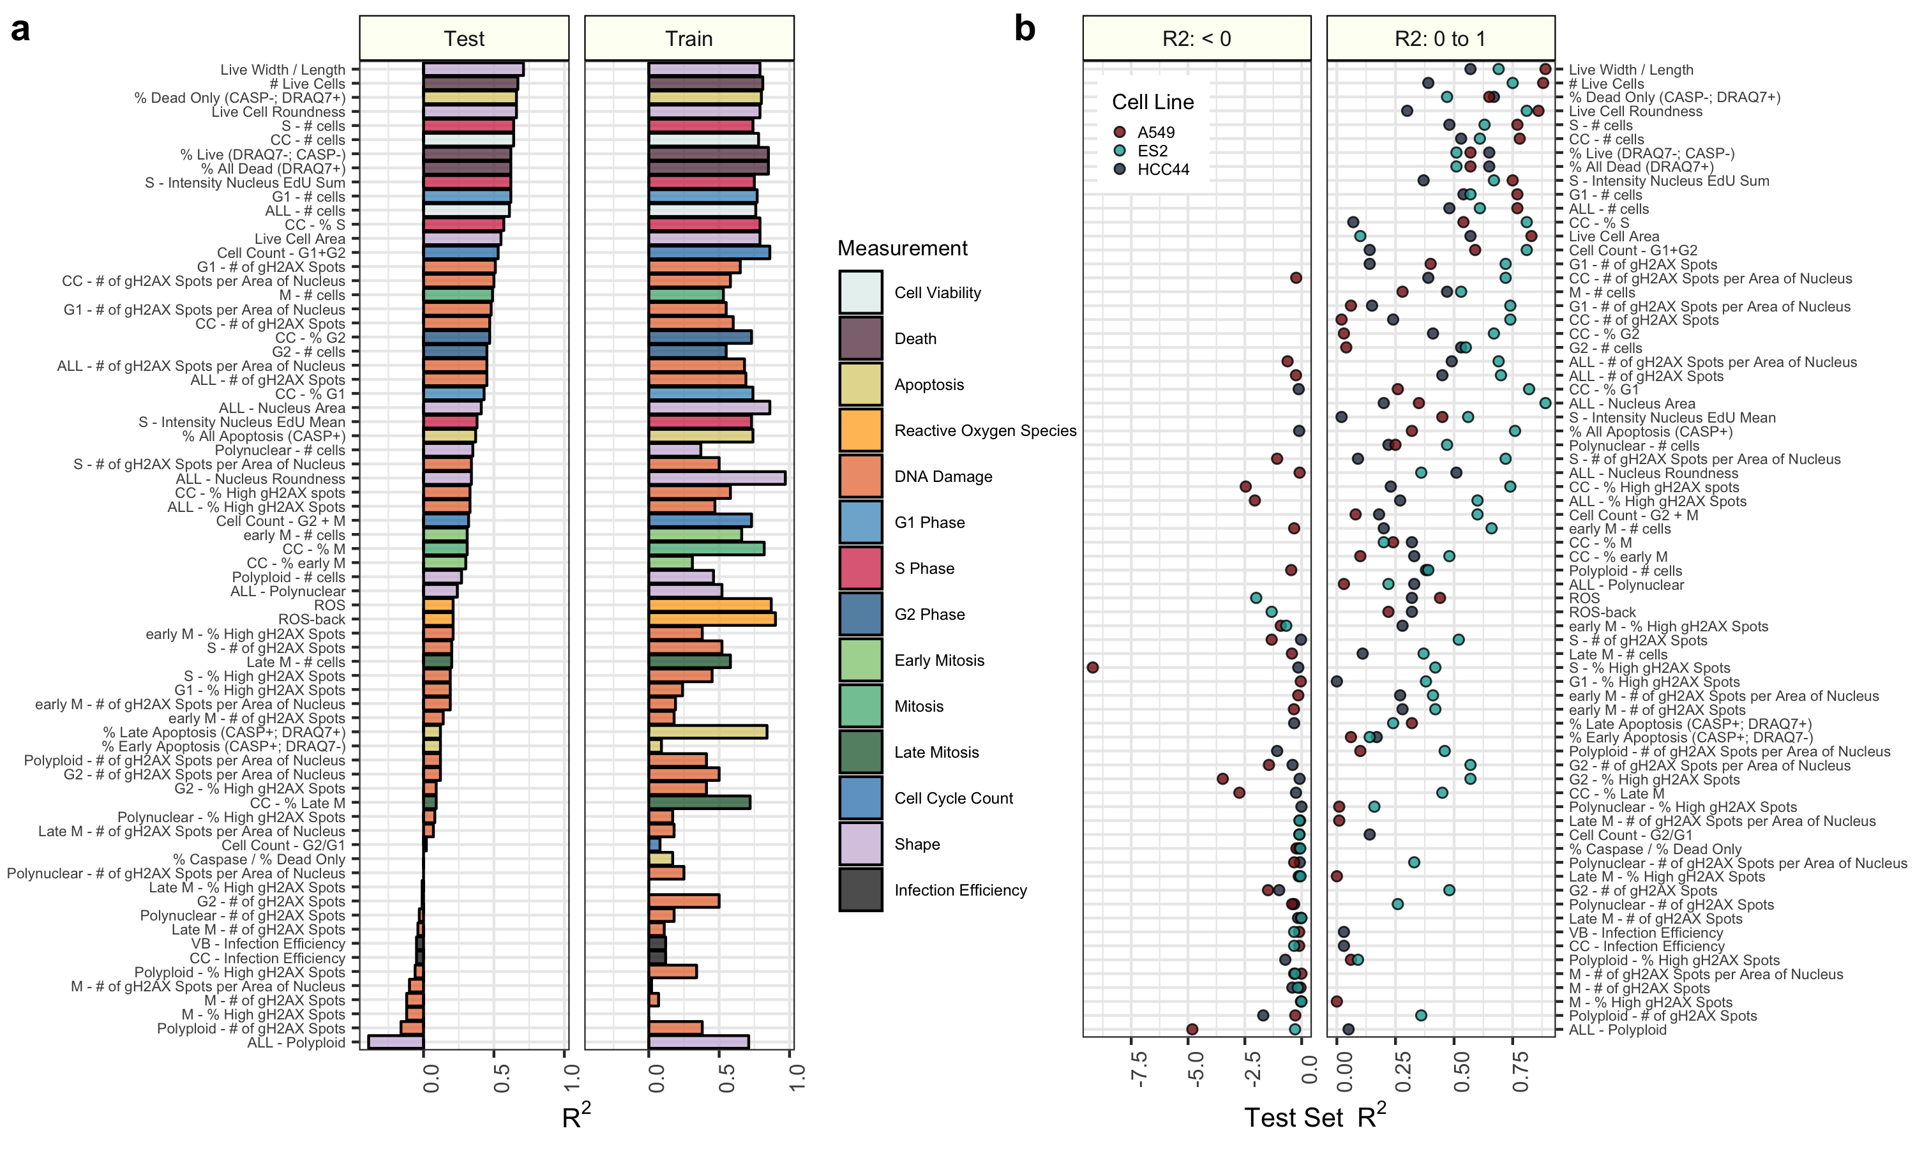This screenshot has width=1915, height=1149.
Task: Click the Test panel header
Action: point(463,39)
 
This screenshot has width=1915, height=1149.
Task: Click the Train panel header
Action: point(689,39)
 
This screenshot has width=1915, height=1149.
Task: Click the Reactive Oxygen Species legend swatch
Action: point(860,430)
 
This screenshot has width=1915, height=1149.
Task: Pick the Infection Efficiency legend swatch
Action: point(860,890)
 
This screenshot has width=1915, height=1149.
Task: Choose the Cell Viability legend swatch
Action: point(860,292)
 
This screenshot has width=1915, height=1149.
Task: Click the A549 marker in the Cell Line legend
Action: point(1119,132)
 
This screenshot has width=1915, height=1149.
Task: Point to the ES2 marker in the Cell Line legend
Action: point(1119,151)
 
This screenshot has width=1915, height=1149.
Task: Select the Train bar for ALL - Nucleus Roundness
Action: point(717,479)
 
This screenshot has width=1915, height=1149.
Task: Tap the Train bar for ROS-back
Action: point(712,619)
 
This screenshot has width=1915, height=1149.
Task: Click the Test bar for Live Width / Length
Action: point(473,70)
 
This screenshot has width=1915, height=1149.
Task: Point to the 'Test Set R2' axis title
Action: point(1315,1117)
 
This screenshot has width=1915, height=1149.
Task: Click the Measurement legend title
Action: point(903,248)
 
